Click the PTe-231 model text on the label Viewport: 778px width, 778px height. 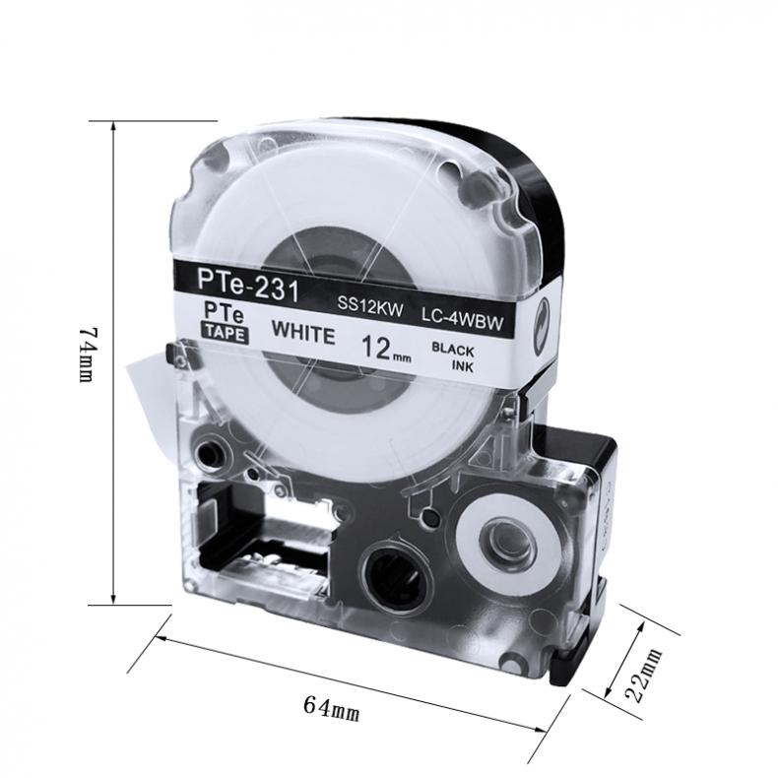pos(247,286)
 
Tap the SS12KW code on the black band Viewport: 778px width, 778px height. pos(370,304)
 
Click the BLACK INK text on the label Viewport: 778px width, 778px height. pos(453,357)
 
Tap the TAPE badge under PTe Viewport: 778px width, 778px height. pos(225,332)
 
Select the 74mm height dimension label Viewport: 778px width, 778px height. pos(87,354)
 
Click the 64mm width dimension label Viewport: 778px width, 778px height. pos(331,708)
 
